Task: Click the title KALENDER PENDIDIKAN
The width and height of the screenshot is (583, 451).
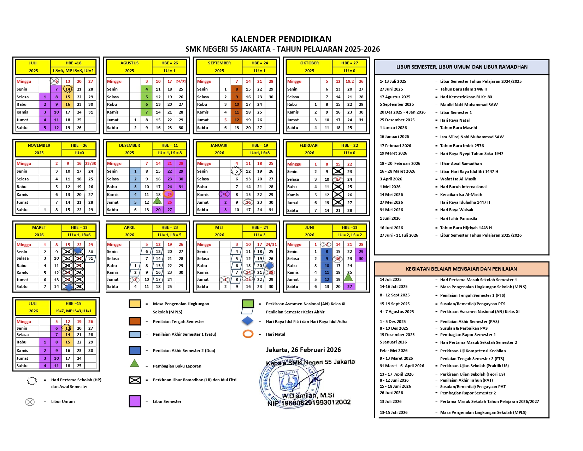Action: click(x=281, y=39)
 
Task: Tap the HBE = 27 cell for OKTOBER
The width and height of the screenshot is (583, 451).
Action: click(x=349, y=63)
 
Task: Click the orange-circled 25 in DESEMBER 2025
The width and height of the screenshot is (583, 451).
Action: click(x=169, y=194)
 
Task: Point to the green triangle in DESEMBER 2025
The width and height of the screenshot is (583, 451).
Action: click(x=158, y=201)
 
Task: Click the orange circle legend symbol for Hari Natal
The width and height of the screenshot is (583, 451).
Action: click(x=248, y=334)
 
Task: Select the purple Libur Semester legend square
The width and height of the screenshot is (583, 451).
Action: click(x=135, y=401)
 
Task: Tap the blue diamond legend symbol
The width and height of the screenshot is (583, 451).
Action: click(x=248, y=321)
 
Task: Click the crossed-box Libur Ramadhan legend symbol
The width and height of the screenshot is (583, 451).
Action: click(x=135, y=380)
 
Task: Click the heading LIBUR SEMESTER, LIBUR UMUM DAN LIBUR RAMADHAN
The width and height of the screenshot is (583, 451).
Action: click(x=462, y=67)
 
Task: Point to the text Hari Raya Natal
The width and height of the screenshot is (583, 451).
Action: click(x=455, y=120)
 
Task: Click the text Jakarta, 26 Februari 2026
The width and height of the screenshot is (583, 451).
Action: click(x=304, y=350)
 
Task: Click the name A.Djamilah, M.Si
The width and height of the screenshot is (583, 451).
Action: click(x=308, y=395)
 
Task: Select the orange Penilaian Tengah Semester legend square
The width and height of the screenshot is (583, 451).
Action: click(x=135, y=321)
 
